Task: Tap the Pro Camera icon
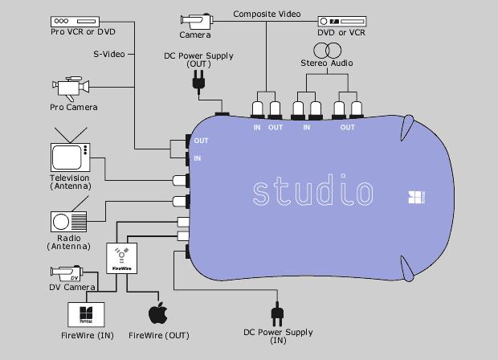pyautogui.click(x=71, y=87)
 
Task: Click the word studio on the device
pyautogui.click(x=312, y=191)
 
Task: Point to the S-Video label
pyautogui.click(x=106, y=54)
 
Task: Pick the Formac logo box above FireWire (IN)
pyautogui.click(x=88, y=312)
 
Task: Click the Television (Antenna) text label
pyautogui.click(x=69, y=182)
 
